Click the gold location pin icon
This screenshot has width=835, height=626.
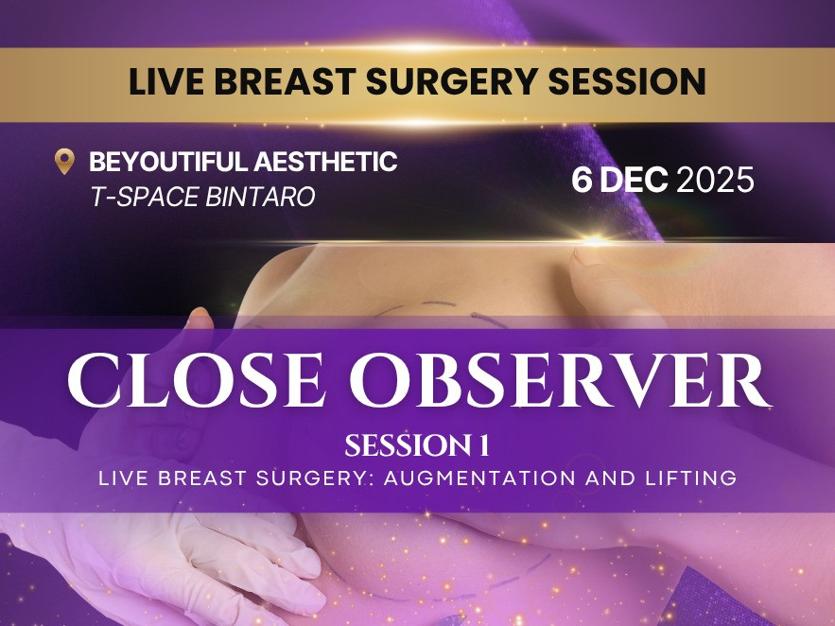64,162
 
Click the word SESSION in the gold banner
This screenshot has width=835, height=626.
627,81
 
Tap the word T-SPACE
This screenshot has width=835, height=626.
145,197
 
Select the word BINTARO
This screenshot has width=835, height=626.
260,197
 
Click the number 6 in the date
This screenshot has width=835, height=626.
582,180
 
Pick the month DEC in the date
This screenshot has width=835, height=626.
635,180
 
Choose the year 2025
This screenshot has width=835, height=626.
715,180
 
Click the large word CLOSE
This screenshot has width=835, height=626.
196,380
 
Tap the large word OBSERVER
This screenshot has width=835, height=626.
560,380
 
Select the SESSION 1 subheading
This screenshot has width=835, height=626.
417,445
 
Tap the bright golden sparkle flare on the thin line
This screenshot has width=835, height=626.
596,240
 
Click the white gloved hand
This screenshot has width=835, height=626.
176,565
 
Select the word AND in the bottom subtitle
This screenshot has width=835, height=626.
611,478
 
